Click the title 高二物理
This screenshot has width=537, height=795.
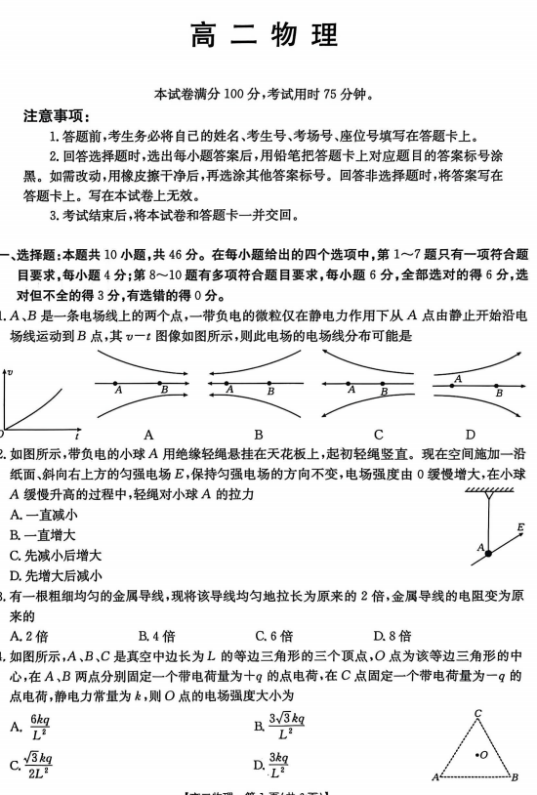[267, 36]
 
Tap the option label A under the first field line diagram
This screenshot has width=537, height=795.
[149, 434]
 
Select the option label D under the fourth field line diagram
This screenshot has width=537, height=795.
[470, 434]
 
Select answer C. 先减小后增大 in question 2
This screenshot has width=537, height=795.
[56, 555]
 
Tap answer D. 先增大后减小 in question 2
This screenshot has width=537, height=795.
[56, 575]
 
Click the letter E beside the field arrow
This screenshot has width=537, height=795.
[520, 528]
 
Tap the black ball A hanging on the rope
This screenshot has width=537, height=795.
[487, 554]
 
